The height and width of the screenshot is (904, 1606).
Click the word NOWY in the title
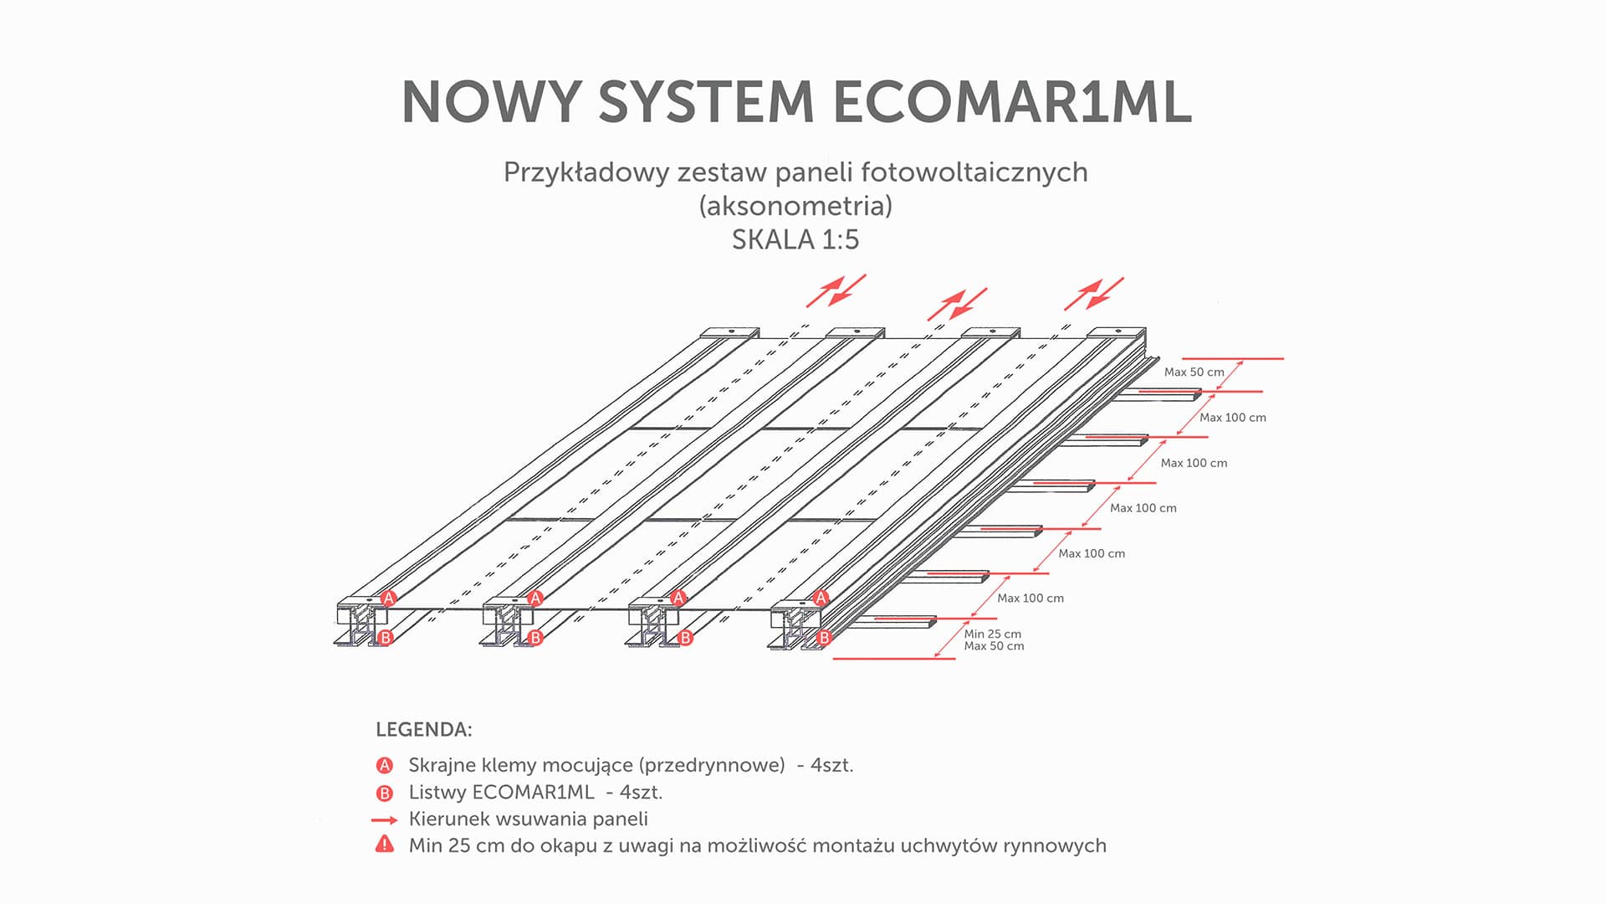pos(490,102)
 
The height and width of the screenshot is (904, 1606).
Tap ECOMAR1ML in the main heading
pos(1012,102)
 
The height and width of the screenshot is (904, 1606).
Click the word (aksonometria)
pos(795,206)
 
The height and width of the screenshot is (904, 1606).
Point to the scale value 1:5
pos(840,240)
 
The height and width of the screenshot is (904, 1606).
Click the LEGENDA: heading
pos(424,730)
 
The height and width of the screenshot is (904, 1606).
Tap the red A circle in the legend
pos(385,765)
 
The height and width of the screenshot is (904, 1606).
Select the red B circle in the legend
pos(385,793)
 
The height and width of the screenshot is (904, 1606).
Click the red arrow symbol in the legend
pos(385,819)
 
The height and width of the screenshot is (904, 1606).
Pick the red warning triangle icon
pos(385,845)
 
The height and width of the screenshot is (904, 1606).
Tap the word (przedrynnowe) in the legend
pos(712,765)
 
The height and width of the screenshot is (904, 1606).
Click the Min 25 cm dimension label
pos(992,634)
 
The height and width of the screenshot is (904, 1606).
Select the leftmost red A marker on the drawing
pos(388,598)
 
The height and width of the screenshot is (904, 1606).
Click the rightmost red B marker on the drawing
pos(824,638)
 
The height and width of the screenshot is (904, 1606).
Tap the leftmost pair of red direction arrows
pos(836,291)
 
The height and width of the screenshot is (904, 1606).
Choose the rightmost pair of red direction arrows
pos(1093,294)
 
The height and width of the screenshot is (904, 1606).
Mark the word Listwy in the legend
pos(437,793)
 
